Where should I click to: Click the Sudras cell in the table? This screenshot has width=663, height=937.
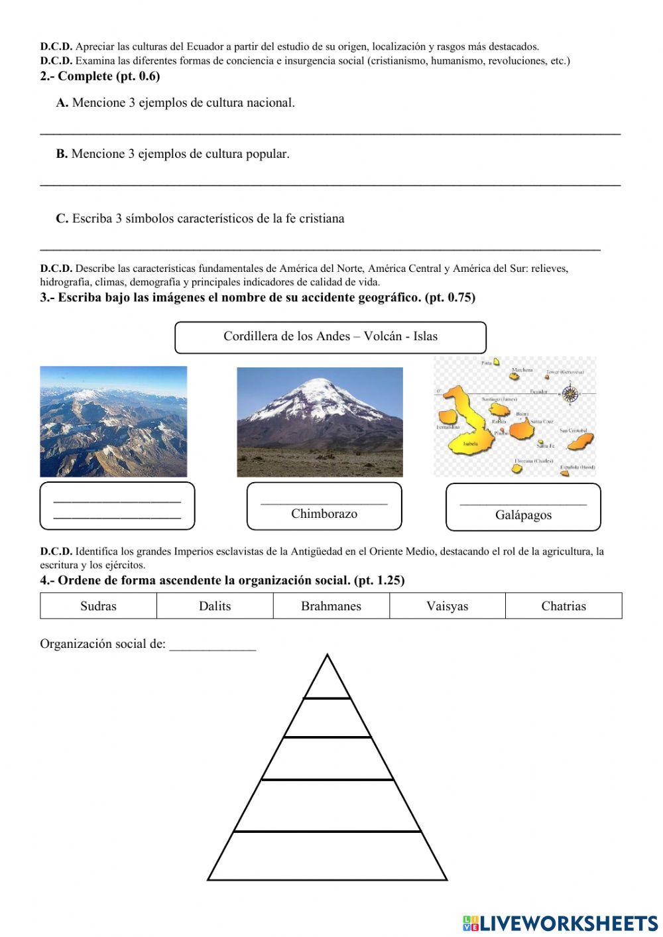tap(98, 606)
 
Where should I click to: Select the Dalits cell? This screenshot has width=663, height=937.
tap(215, 606)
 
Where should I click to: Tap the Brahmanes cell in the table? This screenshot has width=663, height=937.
tap(331, 606)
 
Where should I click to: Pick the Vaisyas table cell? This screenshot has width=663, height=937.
tap(447, 606)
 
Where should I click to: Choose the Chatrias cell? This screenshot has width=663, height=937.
tap(564, 606)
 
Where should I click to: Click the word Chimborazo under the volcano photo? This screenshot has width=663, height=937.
tap(324, 514)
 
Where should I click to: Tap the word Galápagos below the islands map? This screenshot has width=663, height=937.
tap(523, 515)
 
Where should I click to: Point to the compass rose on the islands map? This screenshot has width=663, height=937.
tap(570, 395)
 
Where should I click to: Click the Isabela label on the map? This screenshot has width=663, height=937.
tap(471, 443)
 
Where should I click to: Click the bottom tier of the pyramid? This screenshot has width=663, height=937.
tap(327, 855)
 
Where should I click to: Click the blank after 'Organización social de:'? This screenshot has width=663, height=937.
tap(212, 645)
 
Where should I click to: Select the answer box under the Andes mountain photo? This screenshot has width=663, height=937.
tap(117, 507)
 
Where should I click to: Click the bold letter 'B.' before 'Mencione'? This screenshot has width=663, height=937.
tap(62, 154)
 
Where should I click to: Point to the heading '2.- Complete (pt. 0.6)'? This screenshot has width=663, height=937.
tap(99, 76)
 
